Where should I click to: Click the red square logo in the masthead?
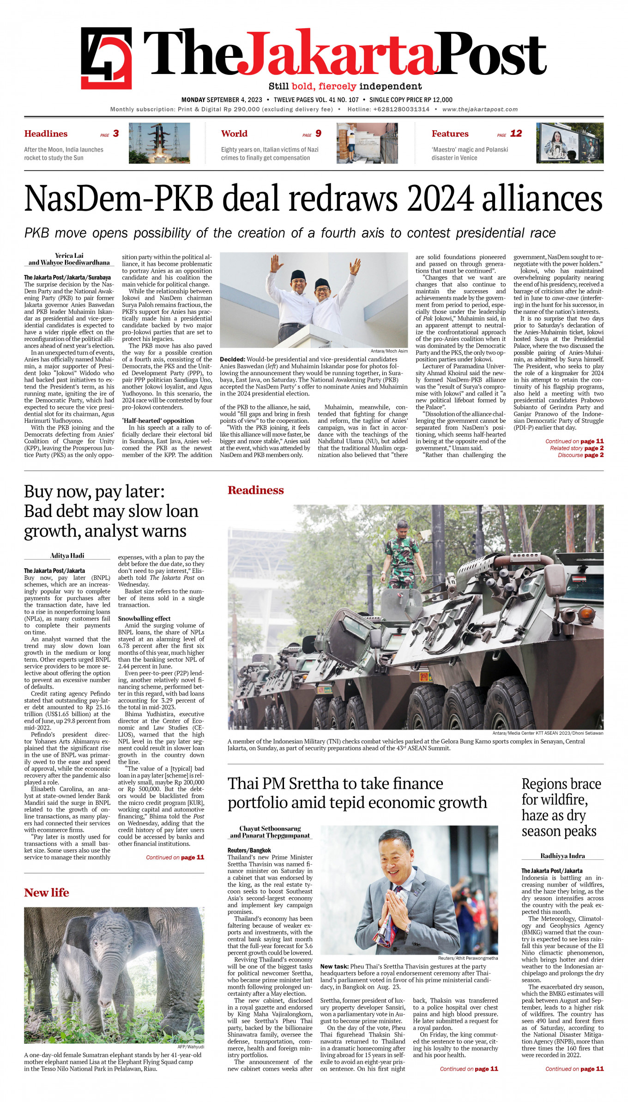106,58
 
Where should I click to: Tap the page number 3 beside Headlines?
116,134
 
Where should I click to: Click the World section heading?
234,134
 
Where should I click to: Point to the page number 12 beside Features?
516,134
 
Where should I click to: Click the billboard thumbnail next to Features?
570,143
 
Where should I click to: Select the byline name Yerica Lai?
69,256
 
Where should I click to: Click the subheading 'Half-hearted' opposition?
157,420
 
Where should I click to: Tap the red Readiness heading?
255,490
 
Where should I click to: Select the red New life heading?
47,893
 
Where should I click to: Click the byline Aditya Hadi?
67,556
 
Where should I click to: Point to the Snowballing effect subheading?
144,618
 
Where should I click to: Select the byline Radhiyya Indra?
562,856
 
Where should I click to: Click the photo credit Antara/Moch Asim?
389,351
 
